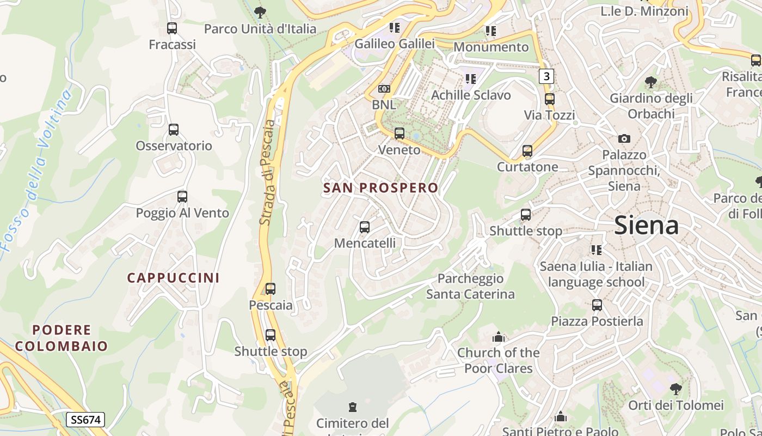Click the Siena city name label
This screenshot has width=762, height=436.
(x=646, y=225)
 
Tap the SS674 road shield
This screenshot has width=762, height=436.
(x=85, y=420)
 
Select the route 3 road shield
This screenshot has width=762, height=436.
(x=546, y=76)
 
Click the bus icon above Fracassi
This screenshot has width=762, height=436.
(x=172, y=28)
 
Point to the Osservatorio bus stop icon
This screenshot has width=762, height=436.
(x=174, y=130)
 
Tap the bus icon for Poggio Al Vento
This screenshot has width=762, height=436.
(x=182, y=197)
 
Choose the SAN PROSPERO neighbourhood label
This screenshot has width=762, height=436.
(x=380, y=188)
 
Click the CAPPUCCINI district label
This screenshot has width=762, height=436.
(x=174, y=278)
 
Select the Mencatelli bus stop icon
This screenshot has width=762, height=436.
(x=365, y=227)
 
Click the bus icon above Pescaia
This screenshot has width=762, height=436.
(x=271, y=289)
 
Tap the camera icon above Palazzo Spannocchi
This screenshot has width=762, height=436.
(x=624, y=138)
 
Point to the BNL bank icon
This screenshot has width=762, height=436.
(x=384, y=89)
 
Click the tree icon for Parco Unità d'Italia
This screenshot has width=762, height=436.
(x=260, y=12)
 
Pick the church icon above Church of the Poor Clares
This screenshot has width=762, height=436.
(x=498, y=337)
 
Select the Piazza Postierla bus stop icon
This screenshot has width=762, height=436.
(x=597, y=305)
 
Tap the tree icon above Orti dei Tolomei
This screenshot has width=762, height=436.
(x=675, y=389)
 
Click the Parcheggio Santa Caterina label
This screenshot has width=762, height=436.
(x=470, y=287)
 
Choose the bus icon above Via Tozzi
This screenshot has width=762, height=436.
(x=550, y=99)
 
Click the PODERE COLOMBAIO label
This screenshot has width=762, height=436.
(x=62, y=338)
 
